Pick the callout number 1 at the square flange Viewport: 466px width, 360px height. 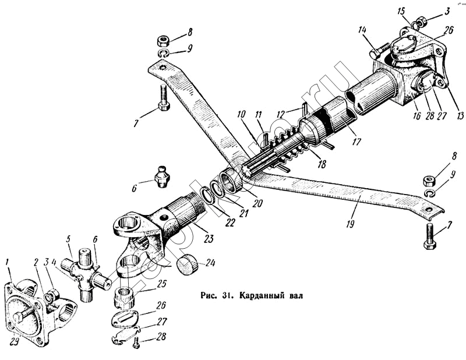click(x=8, y=270)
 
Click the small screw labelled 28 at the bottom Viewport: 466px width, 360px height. click(x=136, y=344)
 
